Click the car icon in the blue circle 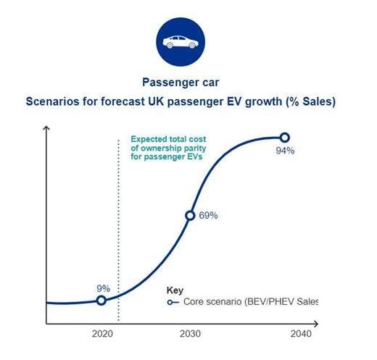coord(181,42)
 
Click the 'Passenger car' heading coord(181,83)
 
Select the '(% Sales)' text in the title coord(310,101)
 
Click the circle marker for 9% coord(101,301)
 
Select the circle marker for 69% coord(190,216)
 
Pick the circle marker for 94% coord(285,138)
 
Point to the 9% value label coord(104,288)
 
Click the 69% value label coord(208,215)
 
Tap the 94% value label coord(285,151)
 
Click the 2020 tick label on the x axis coord(102,334)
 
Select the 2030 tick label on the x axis coord(190,334)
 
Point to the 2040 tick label coord(301,334)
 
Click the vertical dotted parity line coord(118,230)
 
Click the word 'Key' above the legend coord(175,290)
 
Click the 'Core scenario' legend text coord(212,302)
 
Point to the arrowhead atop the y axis coord(46,128)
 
